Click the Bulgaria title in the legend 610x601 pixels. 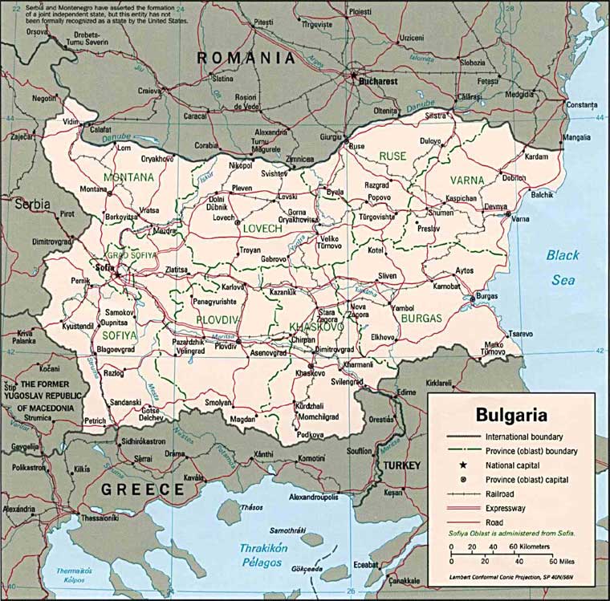point(511,415)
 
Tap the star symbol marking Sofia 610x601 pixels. point(117,275)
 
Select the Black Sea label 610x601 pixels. point(562,267)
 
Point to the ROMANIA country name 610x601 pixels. point(246,58)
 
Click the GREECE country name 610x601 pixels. point(141,489)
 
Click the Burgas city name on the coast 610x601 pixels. point(487,295)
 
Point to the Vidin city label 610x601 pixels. point(72,122)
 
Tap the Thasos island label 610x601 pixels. point(252,508)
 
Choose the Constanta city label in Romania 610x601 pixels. point(582,105)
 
